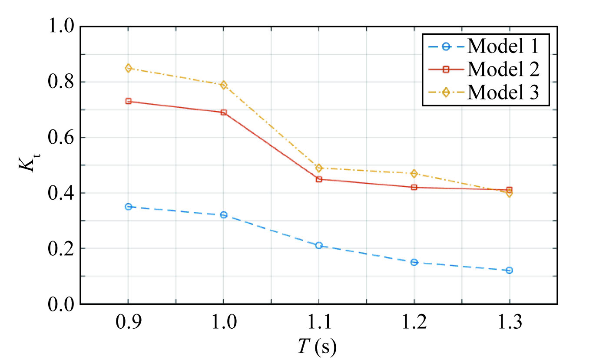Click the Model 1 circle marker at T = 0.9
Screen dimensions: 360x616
pyautogui.click(x=128, y=207)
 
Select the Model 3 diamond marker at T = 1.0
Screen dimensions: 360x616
pyautogui.click(x=224, y=85)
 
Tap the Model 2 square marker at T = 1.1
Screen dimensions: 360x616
pyautogui.click(x=319, y=179)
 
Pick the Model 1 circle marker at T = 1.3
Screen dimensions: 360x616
pyautogui.click(x=510, y=270)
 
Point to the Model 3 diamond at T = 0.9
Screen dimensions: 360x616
pyautogui.click(x=128, y=68)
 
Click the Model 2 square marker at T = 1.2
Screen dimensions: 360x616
pyautogui.click(x=414, y=187)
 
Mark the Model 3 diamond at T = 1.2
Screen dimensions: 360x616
pyautogui.click(x=414, y=174)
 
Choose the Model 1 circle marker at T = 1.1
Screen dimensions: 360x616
pyautogui.click(x=319, y=245)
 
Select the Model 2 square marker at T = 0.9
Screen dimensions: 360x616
pyautogui.click(x=128, y=101)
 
